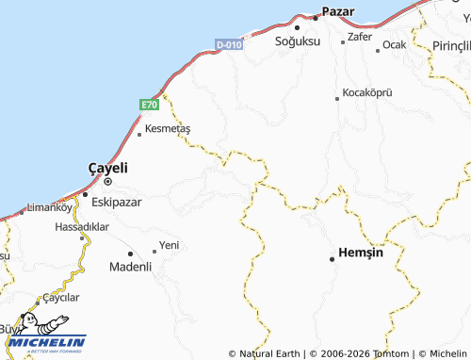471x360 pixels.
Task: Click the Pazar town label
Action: point(338,11)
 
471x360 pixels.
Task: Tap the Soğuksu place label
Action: point(298,42)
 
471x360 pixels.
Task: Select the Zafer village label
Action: point(360,37)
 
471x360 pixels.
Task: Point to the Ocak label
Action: point(394,45)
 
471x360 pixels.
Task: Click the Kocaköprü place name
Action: point(365,92)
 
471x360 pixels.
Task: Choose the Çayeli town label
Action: point(107,167)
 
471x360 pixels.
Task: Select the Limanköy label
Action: point(50,207)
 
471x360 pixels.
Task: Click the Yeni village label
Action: point(170,245)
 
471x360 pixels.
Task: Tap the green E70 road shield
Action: point(151,105)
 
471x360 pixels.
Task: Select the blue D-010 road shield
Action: point(228,44)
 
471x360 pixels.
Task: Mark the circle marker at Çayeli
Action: point(107,181)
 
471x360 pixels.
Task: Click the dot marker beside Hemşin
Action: point(332,258)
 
